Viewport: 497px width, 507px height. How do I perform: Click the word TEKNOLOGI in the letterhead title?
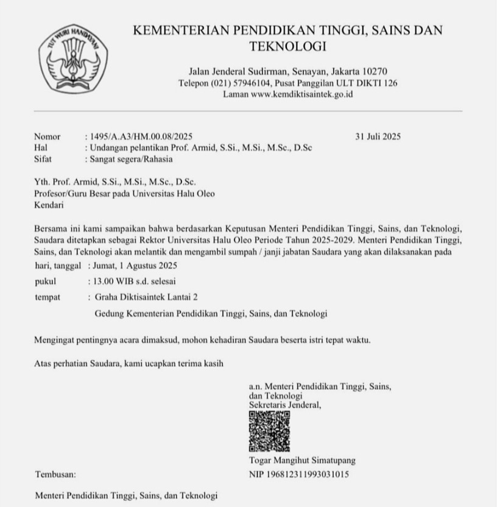click(x=287, y=46)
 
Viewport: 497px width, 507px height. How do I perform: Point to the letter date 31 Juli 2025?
click(x=378, y=136)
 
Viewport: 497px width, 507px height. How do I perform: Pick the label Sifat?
click(x=43, y=159)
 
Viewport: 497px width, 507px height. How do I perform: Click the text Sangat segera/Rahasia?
click(x=131, y=159)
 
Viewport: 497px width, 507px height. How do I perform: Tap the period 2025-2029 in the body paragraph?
click(x=330, y=241)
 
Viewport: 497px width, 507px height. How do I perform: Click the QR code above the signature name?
click(x=269, y=431)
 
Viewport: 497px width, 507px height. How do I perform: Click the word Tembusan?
click(x=55, y=473)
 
